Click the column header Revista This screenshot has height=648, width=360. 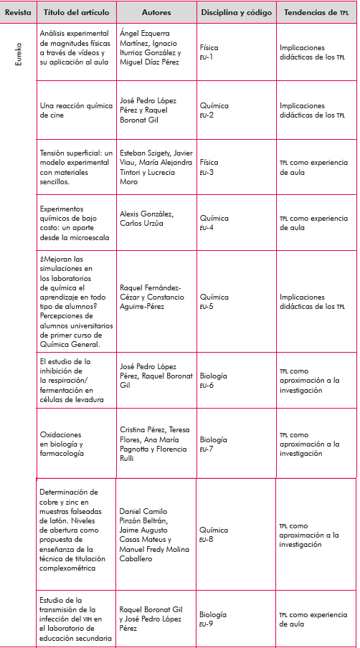click(19, 13)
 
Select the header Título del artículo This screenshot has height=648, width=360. click(75, 13)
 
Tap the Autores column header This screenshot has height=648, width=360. click(156, 13)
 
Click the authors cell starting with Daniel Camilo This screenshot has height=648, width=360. click(154, 534)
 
